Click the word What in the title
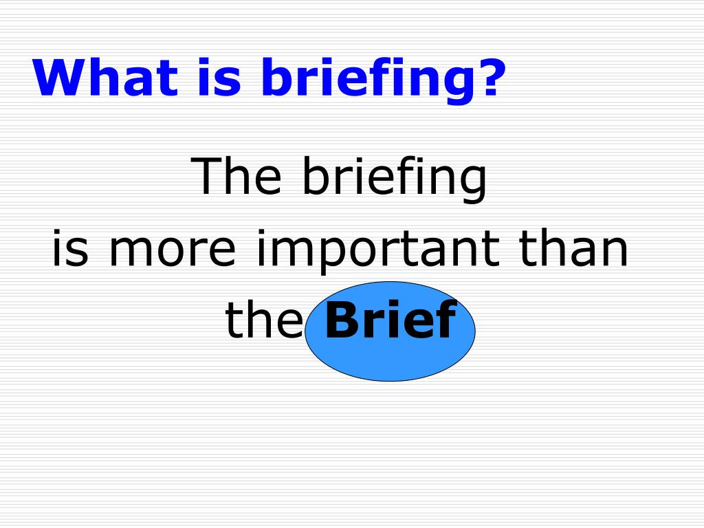[x=105, y=76]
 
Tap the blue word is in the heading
[x=219, y=76]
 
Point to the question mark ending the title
[x=491, y=76]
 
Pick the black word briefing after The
[x=395, y=179]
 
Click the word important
[x=378, y=252]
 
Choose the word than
[x=573, y=247]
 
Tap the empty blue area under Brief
[x=390, y=359]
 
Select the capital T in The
[x=207, y=175]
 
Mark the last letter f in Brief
[x=446, y=319]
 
